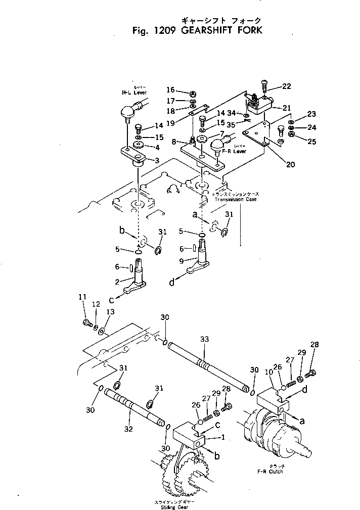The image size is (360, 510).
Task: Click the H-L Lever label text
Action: tap(131, 93)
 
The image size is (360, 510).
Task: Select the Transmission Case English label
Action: tap(235, 200)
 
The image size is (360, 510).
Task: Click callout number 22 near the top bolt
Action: tap(286, 86)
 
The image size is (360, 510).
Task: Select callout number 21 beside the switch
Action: tap(286, 108)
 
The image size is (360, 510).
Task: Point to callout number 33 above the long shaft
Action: tap(204, 340)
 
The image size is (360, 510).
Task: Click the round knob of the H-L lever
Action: tap(127, 111)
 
